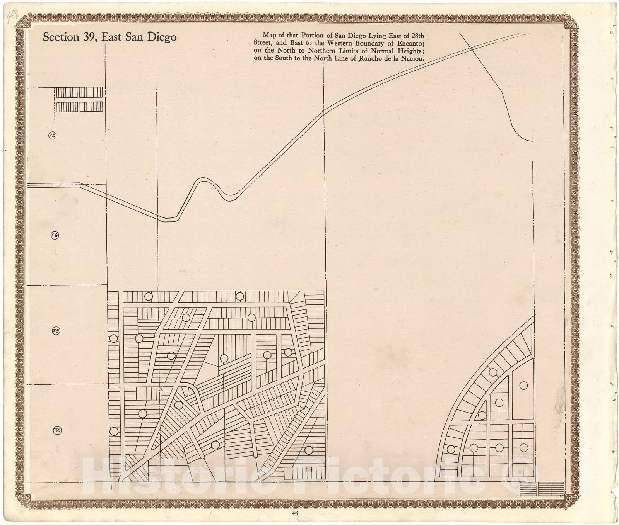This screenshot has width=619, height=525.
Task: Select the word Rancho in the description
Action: point(373,59)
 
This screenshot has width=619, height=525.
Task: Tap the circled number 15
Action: point(52,135)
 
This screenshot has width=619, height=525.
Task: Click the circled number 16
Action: point(55,235)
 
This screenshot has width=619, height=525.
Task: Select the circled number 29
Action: point(56,331)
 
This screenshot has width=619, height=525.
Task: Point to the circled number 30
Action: point(57,430)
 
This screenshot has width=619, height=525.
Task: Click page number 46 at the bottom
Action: point(295,513)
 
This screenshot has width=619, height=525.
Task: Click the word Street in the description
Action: point(263,43)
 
